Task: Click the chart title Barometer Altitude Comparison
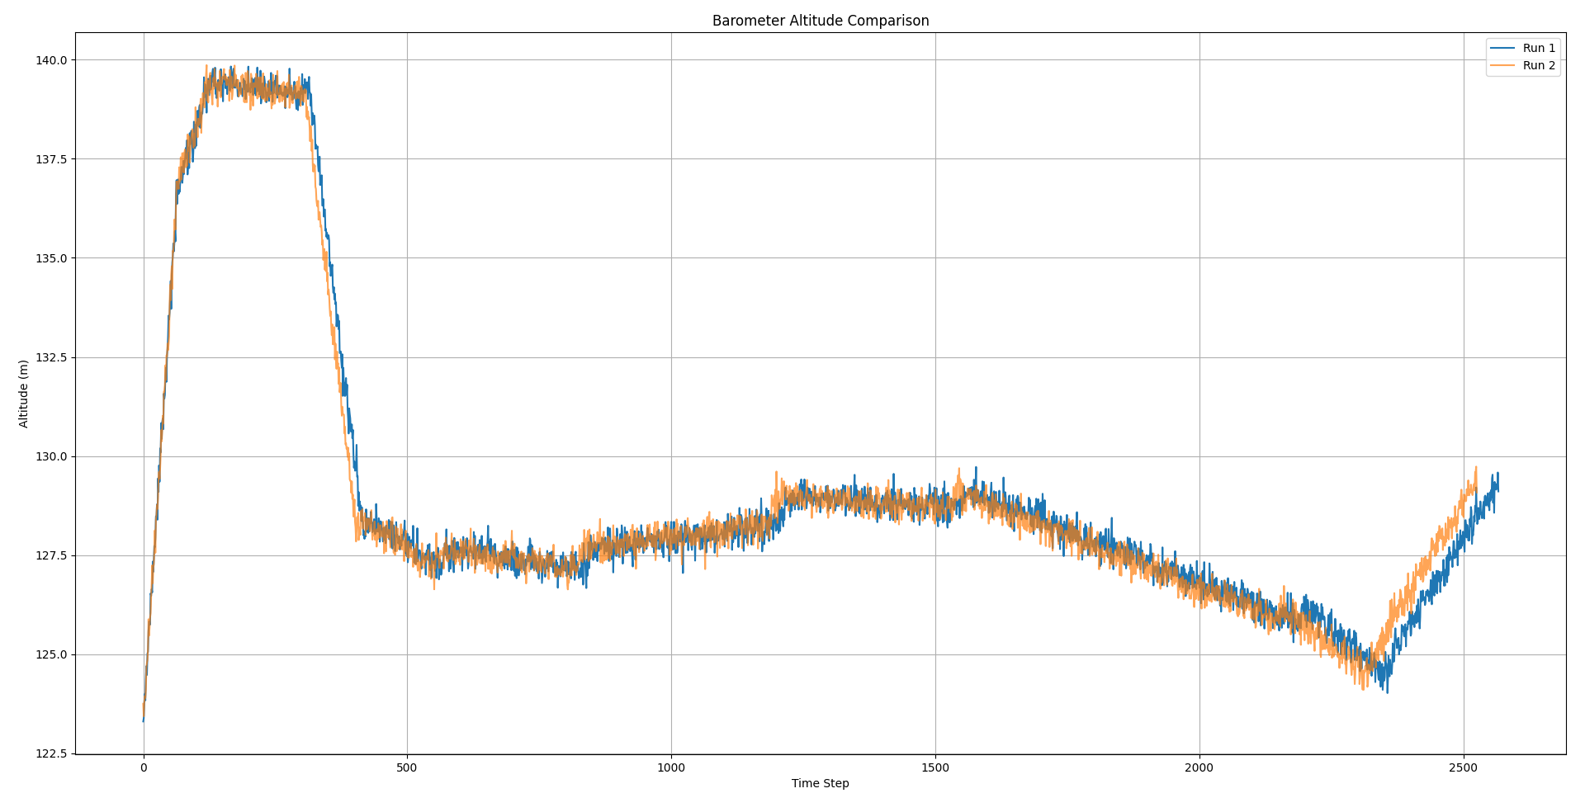click(820, 21)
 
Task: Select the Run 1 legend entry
click(1538, 49)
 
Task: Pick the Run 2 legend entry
click(1538, 66)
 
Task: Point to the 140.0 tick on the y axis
click(51, 60)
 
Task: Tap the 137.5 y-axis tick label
click(51, 159)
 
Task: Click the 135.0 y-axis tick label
click(51, 258)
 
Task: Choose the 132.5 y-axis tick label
click(51, 357)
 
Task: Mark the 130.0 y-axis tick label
click(51, 456)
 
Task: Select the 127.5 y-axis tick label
click(51, 555)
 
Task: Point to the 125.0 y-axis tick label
click(51, 654)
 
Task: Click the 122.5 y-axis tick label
click(51, 753)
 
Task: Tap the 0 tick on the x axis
click(144, 767)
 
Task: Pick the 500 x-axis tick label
click(407, 767)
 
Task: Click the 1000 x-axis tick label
click(671, 767)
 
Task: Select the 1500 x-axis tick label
click(935, 767)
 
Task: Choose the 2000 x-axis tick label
click(1199, 767)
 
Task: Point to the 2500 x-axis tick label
click(1464, 767)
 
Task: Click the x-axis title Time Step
click(820, 783)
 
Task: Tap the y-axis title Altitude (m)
click(24, 394)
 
